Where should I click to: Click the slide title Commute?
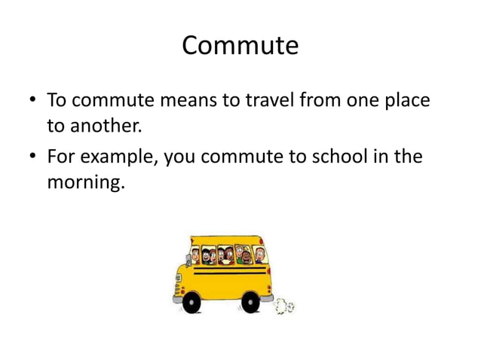point(240,46)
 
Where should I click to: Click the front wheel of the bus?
point(192,304)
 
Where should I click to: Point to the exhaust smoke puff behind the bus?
point(283,306)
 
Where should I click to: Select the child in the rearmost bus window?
point(259,255)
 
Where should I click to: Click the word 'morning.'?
point(84,182)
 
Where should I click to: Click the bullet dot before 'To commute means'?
point(32,100)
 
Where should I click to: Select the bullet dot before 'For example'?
point(32,157)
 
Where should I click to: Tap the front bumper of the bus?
point(178,297)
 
